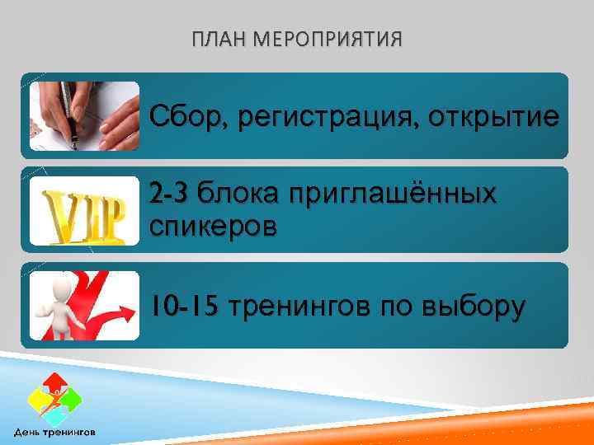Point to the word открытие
[492, 118]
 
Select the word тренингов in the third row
[299, 307]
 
